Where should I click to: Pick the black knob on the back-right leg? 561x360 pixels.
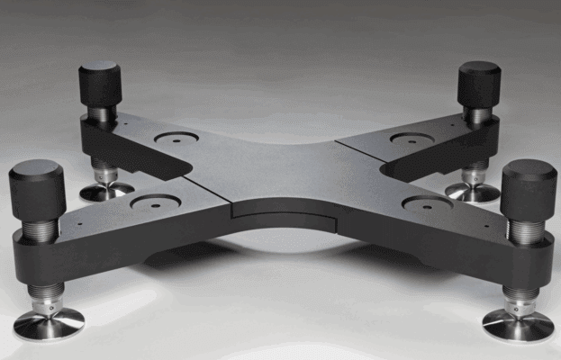[479, 83]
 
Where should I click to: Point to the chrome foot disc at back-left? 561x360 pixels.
[104, 191]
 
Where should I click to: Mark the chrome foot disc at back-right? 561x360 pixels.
[472, 192]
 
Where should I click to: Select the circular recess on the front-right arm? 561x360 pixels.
[428, 204]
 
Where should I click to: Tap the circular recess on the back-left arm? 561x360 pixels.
[176, 139]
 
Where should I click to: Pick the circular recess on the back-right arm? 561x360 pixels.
[412, 139]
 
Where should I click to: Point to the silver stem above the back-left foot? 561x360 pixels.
[104, 171]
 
